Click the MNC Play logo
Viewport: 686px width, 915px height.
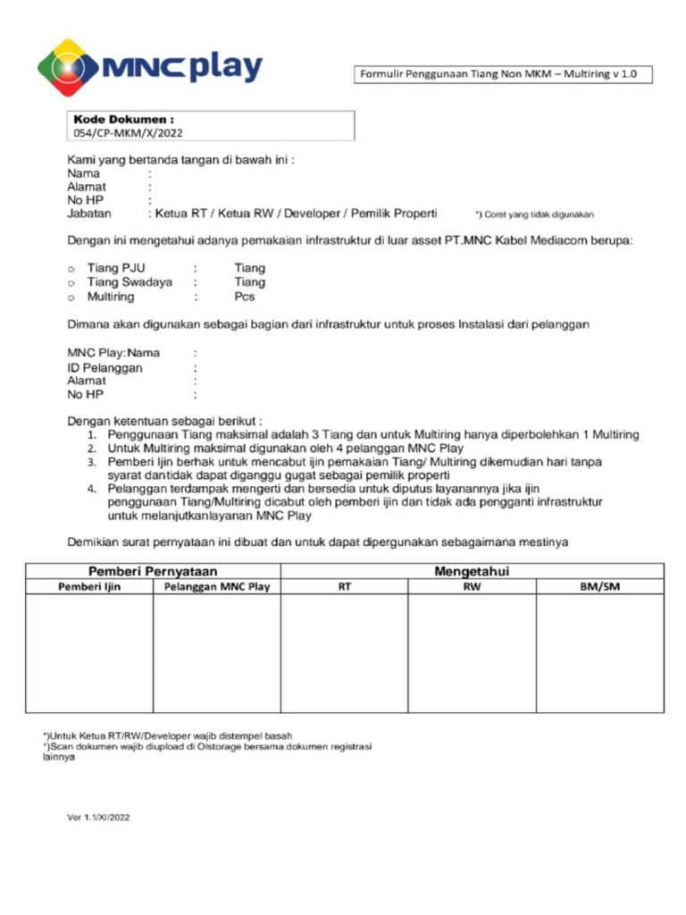150,67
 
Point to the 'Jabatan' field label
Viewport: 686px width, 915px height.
89,214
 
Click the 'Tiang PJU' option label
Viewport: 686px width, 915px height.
116,268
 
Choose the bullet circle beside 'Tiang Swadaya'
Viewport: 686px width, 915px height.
71,283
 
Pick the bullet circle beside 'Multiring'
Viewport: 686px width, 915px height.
71,298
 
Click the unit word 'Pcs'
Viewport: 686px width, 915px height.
245,297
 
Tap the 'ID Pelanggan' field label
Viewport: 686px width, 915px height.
105,367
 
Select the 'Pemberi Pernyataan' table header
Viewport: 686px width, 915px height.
153,571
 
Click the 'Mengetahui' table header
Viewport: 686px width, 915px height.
472,571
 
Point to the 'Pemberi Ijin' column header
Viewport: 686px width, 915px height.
89,587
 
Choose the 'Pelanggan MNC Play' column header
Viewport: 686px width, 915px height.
217,587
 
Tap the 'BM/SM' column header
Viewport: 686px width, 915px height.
599,587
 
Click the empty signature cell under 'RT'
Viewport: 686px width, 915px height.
345,652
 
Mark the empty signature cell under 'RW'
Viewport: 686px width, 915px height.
472,652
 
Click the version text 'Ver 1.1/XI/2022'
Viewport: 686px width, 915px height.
98,816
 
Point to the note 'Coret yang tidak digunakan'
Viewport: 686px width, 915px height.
534,214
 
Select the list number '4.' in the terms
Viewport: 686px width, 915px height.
91,490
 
